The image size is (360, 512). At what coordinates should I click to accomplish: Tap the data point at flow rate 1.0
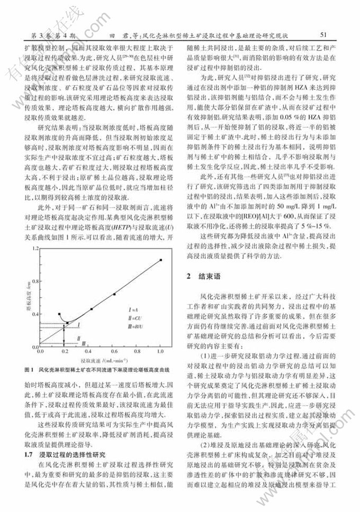[x=160, y=260]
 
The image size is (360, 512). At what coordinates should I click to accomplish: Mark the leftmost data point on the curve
[x=59, y=314]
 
